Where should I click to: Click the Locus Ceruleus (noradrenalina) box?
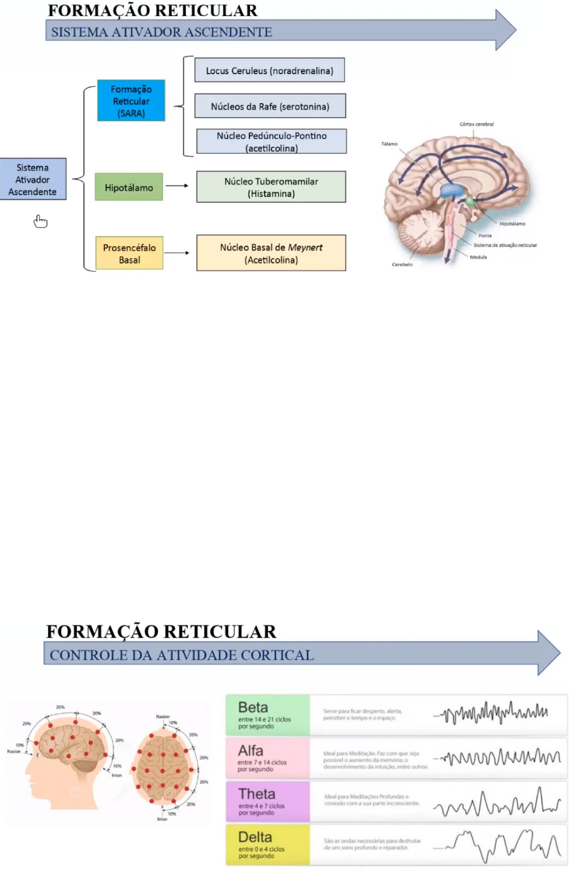[x=269, y=71]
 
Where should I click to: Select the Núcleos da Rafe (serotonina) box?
[x=270, y=107]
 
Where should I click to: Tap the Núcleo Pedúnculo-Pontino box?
[x=272, y=142]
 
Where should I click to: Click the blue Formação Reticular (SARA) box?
[x=131, y=101]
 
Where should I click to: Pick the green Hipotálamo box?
[x=129, y=187]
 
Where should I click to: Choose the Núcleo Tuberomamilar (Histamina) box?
[x=271, y=187]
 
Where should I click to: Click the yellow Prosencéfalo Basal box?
[x=129, y=253]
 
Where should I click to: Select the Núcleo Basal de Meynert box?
[x=271, y=253]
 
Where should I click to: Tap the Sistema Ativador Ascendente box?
[x=33, y=180]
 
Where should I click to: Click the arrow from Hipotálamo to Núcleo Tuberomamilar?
[x=177, y=186]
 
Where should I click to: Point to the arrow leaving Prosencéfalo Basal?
[x=177, y=253]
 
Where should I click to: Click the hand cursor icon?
[x=40, y=222]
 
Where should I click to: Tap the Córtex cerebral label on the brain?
[x=476, y=125]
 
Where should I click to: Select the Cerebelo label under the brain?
[x=402, y=264]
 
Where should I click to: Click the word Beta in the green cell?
[x=253, y=707]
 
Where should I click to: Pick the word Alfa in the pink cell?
[x=251, y=750]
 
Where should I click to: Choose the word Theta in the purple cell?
[x=257, y=794]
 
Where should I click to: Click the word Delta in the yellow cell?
[x=255, y=837]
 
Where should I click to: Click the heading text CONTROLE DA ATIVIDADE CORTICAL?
[x=181, y=655]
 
